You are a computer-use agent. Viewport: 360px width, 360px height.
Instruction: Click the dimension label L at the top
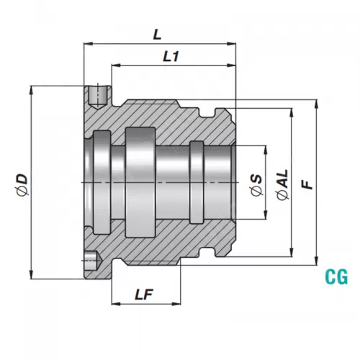tap(158, 33)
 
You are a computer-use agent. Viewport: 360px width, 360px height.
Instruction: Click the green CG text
tap(336, 275)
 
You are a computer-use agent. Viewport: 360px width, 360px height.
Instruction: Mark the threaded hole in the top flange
tap(94, 95)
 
